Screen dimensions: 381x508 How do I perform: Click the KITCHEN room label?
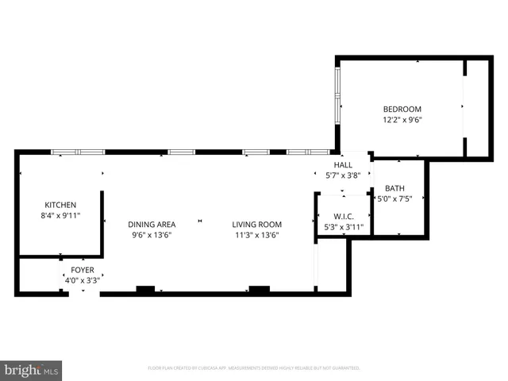click(x=60, y=204)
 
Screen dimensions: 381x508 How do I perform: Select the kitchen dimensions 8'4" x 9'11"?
click(x=60, y=215)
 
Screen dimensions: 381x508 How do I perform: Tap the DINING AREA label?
click(x=152, y=224)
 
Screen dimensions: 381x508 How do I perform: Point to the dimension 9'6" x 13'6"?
click(x=152, y=235)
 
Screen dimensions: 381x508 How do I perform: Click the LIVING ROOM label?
click(x=257, y=224)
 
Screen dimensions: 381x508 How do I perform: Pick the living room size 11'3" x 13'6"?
click(x=257, y=235)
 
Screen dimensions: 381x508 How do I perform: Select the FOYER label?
click(x=82, y=270)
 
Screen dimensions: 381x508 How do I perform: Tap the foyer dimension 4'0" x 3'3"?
click(x=82, y=280)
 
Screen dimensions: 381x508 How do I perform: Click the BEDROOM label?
click(x=402, y=110)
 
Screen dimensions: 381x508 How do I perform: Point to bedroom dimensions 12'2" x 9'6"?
click(x=402, y=121)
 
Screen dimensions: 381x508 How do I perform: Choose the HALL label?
click(x=343, y=164)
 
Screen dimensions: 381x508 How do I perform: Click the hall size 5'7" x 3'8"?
click(x=343, y=175)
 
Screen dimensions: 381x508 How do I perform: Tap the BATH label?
click(x=394, y=188)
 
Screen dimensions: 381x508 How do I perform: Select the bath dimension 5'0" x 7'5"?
click(x=394, y=199)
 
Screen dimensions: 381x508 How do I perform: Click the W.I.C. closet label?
click(x=343, y=216)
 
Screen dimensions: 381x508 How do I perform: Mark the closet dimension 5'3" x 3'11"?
click(x=343, y=227)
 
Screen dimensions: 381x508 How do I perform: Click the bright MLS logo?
click(x=32, y=370)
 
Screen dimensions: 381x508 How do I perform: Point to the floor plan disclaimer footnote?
click(x=254, y=368)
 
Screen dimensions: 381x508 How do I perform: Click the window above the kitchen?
click(x=78, y=152)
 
